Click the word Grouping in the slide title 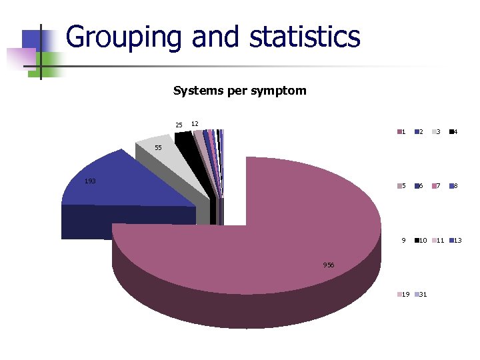[x=123, y=37]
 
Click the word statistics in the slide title [x=305, y=37]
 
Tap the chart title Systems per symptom [x=239, y=91]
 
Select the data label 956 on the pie [x=329, y=265]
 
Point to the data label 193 [x=90, y=181]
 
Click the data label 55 [x=158, y=147]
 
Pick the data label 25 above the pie [x=179, y=125]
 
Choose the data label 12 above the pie [x=195, y=124]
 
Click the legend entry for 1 [x=401, y=131]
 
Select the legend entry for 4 [x=452, y=131]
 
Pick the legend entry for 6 [x=418, y=186]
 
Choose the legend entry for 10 [x=421, y=240]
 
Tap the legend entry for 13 [x=455, y=240]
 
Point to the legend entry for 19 [x=403, y=295]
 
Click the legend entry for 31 [x=421, y=295]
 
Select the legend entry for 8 [x=452, y=186]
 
